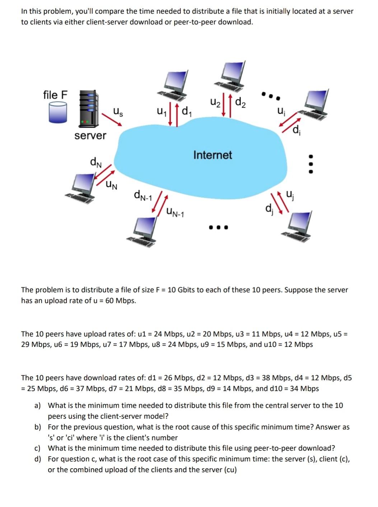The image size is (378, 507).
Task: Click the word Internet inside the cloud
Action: coord(213,155)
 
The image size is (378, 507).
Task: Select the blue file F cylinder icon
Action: coord(58,113)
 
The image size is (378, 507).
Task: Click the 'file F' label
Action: coord(55,95)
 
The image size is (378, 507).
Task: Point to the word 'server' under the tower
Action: coord(90,136)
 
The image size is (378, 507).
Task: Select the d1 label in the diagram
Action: coord(186,112)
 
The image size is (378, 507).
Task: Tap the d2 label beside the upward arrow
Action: coord(241,103)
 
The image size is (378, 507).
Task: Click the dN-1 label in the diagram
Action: coord(143,196)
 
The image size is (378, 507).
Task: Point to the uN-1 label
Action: coord(175,213)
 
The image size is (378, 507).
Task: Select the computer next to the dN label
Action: coord(83,187)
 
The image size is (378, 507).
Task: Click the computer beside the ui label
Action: coord(316,104)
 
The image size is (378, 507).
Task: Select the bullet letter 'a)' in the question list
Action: coord(37,405)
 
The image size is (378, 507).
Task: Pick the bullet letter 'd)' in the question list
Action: coord(37,459)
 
